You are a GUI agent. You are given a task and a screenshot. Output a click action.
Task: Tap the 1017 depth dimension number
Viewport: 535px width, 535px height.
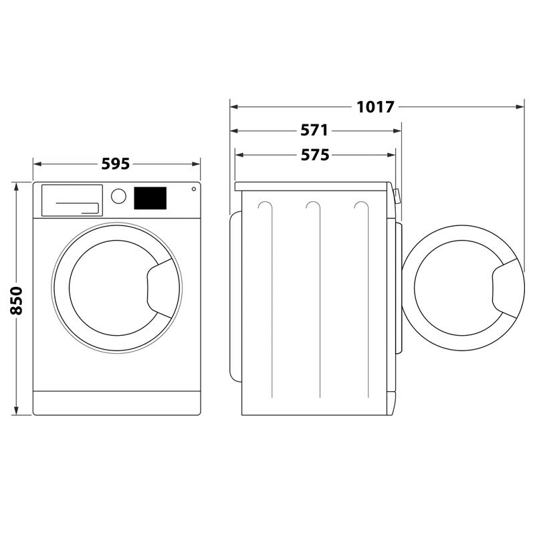pyautogui.click(x=377, y=106)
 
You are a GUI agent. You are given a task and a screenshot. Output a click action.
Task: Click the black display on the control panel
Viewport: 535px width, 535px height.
pyautogui.click(x=150, y=197)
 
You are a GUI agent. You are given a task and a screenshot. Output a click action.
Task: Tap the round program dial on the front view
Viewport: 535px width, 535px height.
pyautogui.click(x=118, y=196)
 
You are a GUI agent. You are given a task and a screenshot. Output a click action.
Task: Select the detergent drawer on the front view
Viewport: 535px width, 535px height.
pyautogui.click(x=72, y=201)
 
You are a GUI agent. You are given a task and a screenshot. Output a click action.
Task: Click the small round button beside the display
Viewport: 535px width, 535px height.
pyautogui.click(x=194, y=189)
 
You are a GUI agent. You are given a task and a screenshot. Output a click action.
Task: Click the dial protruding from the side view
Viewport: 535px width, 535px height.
pyautogui.click(x=397, y=196)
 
